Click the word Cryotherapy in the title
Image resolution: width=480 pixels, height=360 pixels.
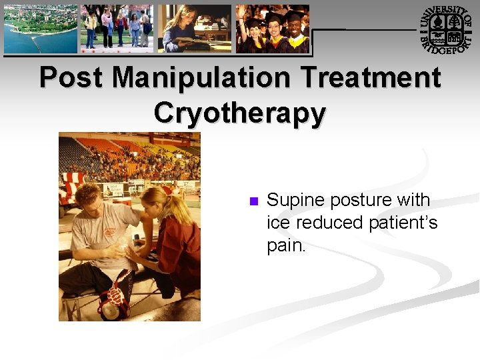[240, 112]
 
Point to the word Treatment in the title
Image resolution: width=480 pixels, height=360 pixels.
[368, 78]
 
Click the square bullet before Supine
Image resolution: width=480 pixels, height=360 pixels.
[252, 201]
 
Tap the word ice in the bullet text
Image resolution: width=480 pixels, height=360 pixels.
[279, 222]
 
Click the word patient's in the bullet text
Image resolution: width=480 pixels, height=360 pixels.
[402, 222]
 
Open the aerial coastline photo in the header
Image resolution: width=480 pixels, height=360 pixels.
[41, 29]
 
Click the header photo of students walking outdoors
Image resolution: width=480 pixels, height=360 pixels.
[117, 29]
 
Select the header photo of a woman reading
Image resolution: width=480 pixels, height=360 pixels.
[195, 29]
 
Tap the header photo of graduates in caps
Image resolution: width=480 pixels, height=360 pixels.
[273, 29]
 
